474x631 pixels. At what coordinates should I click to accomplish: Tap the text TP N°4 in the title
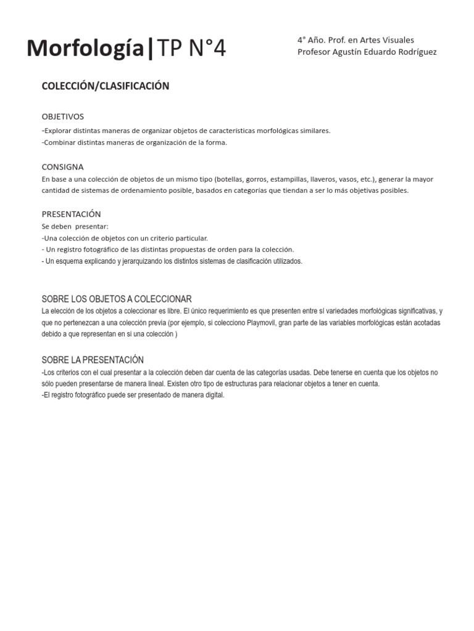point(192,49)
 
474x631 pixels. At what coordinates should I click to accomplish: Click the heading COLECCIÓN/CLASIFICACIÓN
point(105,86)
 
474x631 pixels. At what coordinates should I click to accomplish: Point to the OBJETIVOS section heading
point(62,116)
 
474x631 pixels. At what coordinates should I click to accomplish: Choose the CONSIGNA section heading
point(62,167)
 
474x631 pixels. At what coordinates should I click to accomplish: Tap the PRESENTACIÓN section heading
point(71,214)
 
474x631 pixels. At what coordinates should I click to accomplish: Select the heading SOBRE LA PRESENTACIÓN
point(93,360)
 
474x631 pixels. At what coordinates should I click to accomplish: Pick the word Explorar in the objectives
point(59,131)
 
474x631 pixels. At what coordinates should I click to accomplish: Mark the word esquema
point(70,261)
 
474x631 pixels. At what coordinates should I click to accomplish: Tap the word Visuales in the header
point(397,40)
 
